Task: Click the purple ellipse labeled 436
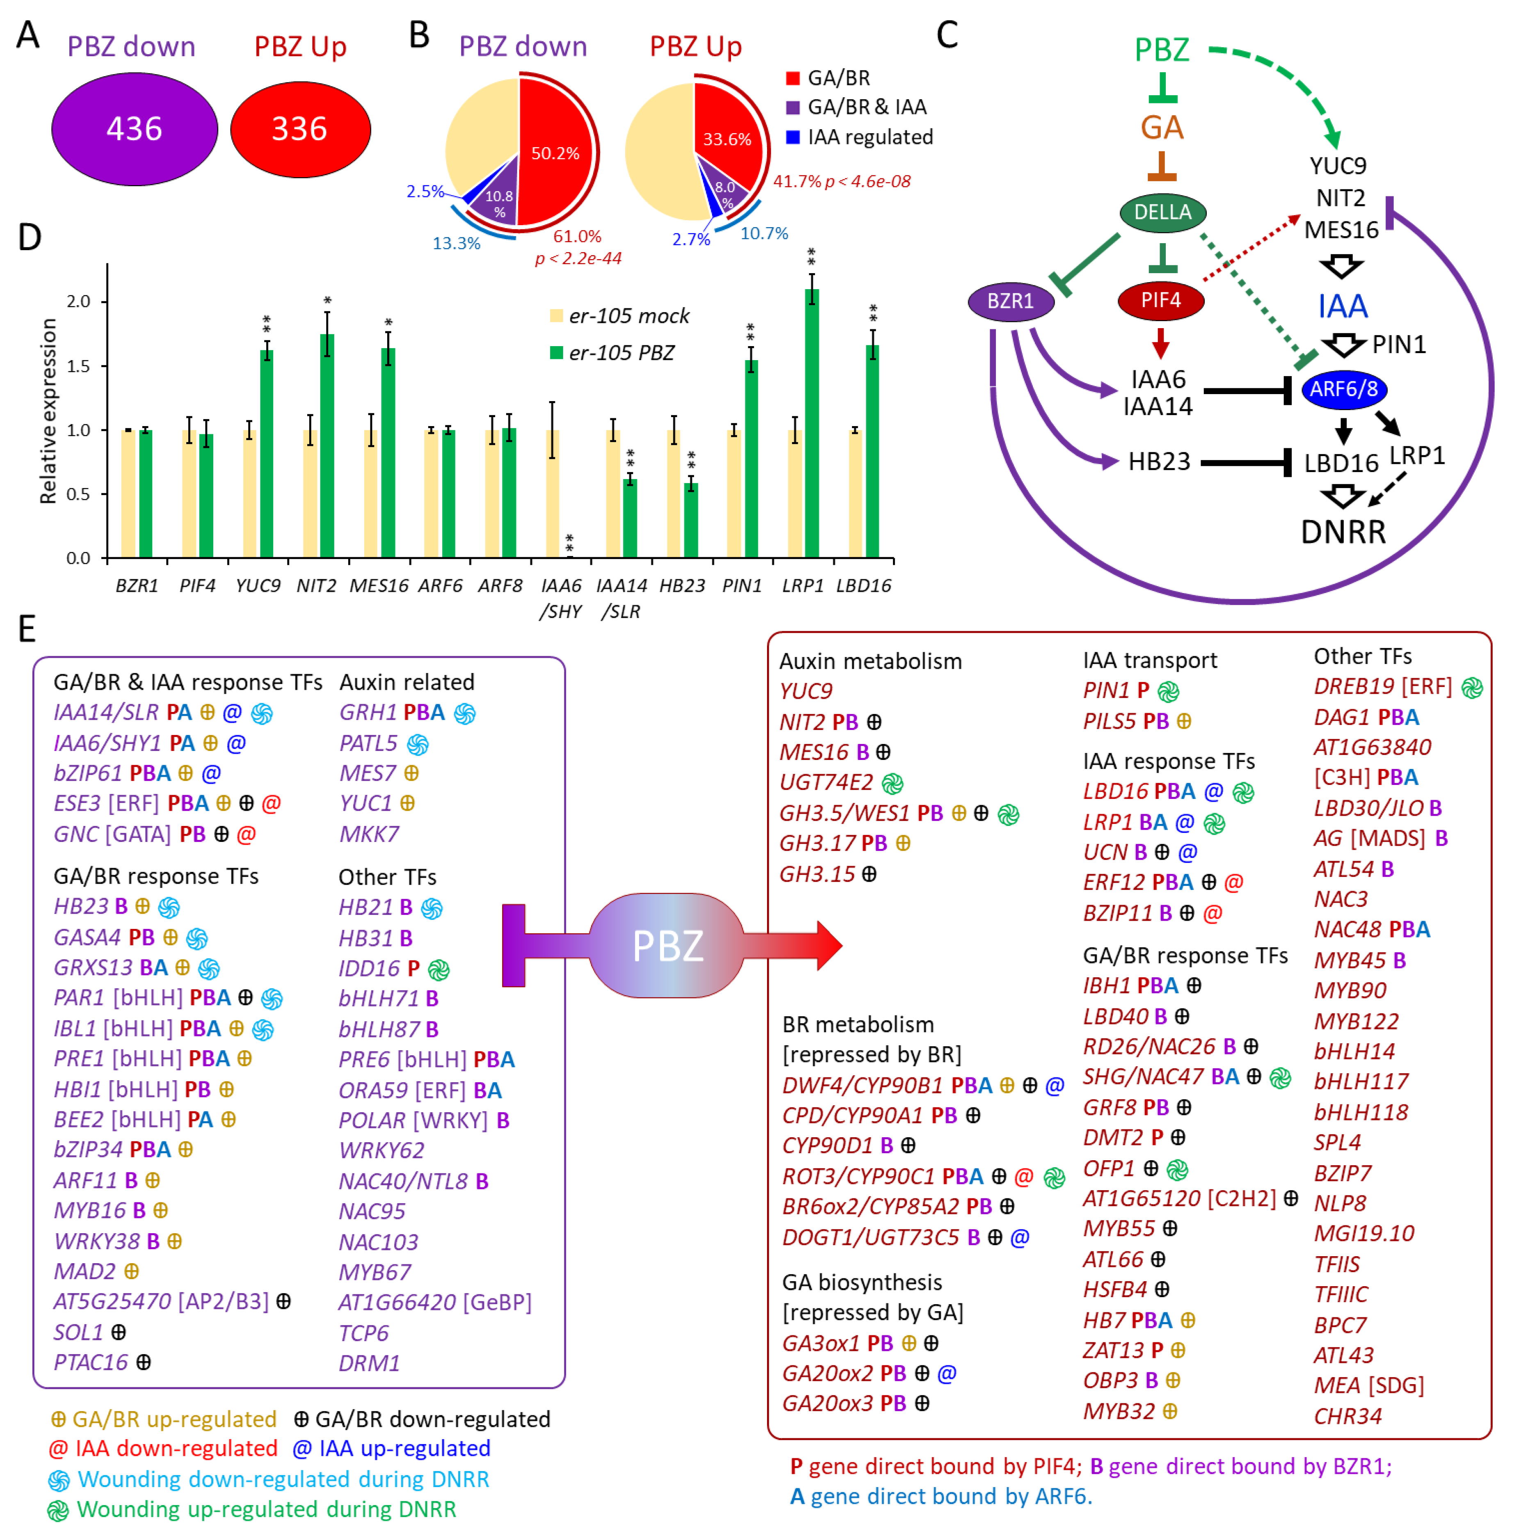pyautogui.click(x=134, y=128)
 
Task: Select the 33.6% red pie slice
pyautogui.click(x=726, y=135)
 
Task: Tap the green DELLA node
pyautogui.click(x=1162, y=212)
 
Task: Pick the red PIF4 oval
pyautogui.click(x=1160, y=300)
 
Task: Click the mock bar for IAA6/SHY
pyautogui.click(x=552, y=492)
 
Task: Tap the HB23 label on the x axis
pyautogui.click(x=682, y=586)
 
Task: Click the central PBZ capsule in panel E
pyautogui.click(x=667, y=945)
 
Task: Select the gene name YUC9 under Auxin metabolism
pyautogui.click(x=806, y=691)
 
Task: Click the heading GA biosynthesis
pyautogui.click(x=862, y=1282)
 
